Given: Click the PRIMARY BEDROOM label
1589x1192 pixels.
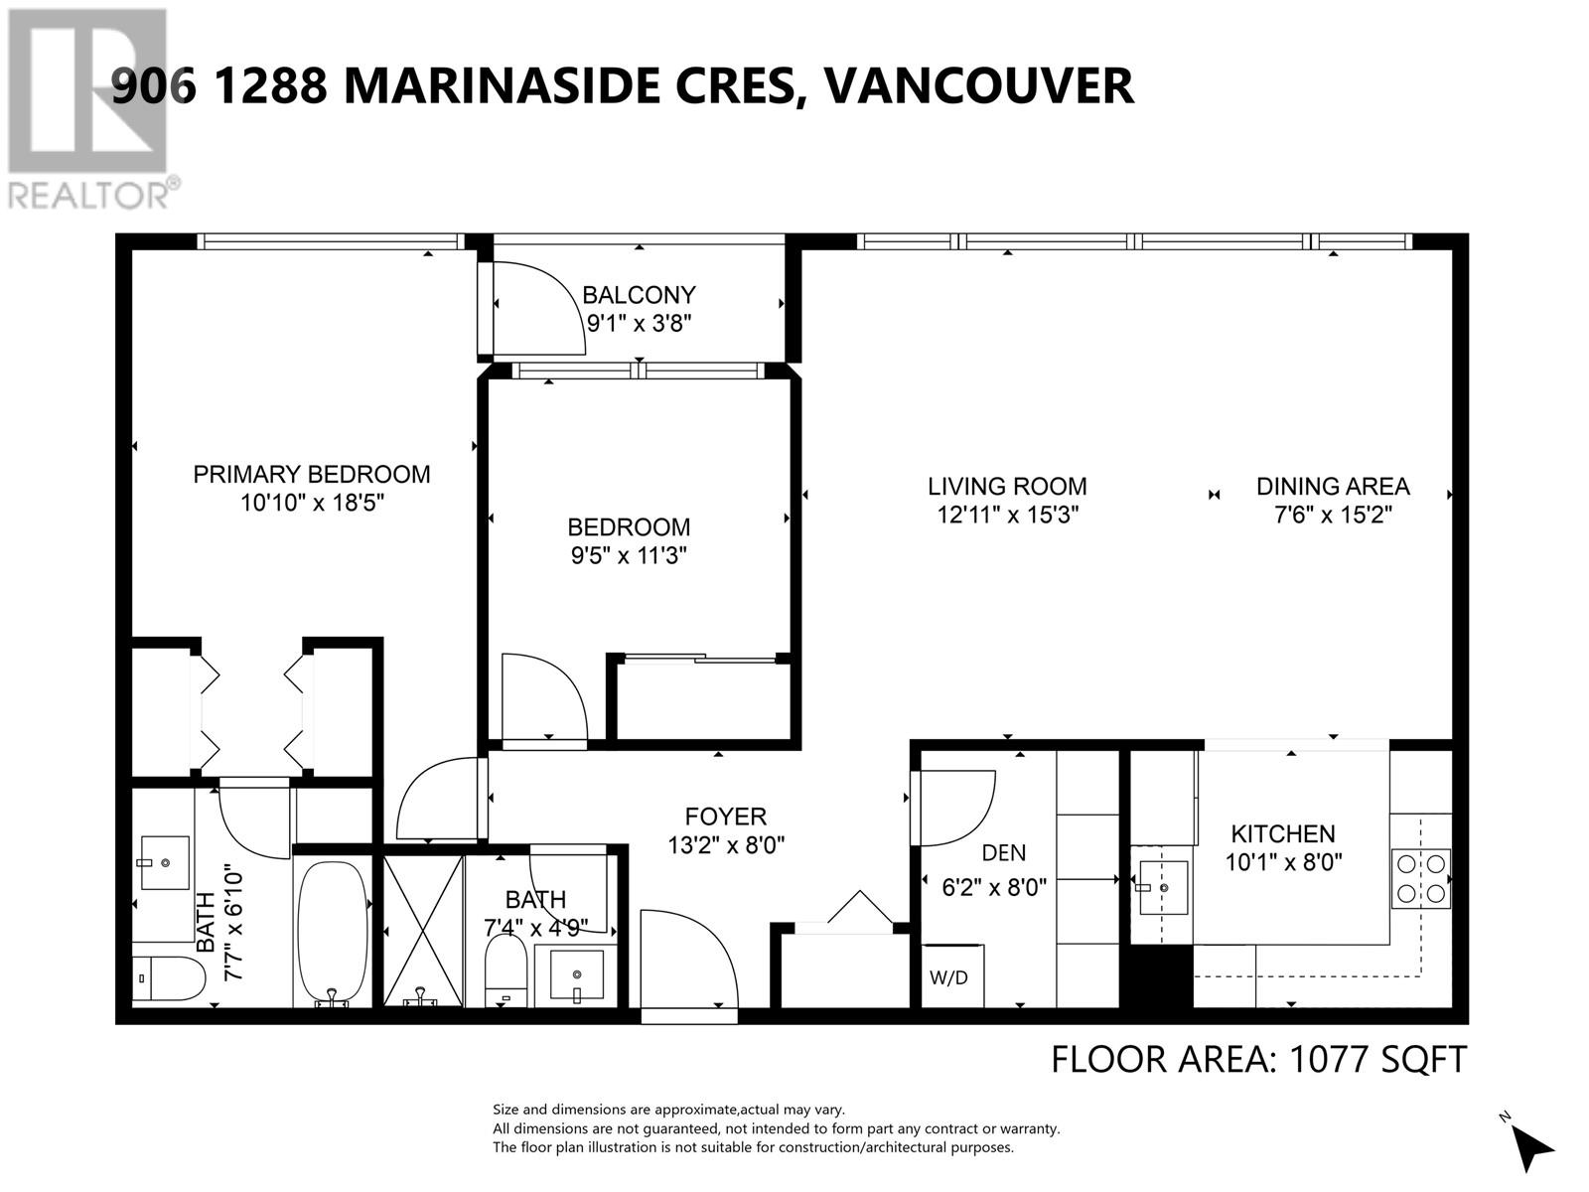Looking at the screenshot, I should coord(311,474).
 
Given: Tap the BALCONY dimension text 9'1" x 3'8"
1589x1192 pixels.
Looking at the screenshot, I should coord(639,323).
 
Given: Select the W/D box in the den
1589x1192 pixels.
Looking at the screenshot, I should coord(949,976).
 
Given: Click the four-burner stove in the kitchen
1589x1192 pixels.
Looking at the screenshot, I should coord(1421,878).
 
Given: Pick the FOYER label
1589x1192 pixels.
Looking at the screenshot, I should coord(725,817).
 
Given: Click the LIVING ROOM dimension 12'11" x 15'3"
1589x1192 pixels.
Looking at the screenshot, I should coord(1007,515).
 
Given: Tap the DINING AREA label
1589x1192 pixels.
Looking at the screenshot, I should coord(1332,486).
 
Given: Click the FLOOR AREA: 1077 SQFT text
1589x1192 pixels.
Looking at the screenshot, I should coord(1257,1059).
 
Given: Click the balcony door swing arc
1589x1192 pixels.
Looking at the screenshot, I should coord(541,307).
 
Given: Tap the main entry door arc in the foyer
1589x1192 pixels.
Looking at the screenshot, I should coord(689,960).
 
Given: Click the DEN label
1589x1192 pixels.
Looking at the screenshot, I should coord(1003,852).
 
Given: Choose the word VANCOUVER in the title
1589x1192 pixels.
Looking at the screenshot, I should coord(978,85).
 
